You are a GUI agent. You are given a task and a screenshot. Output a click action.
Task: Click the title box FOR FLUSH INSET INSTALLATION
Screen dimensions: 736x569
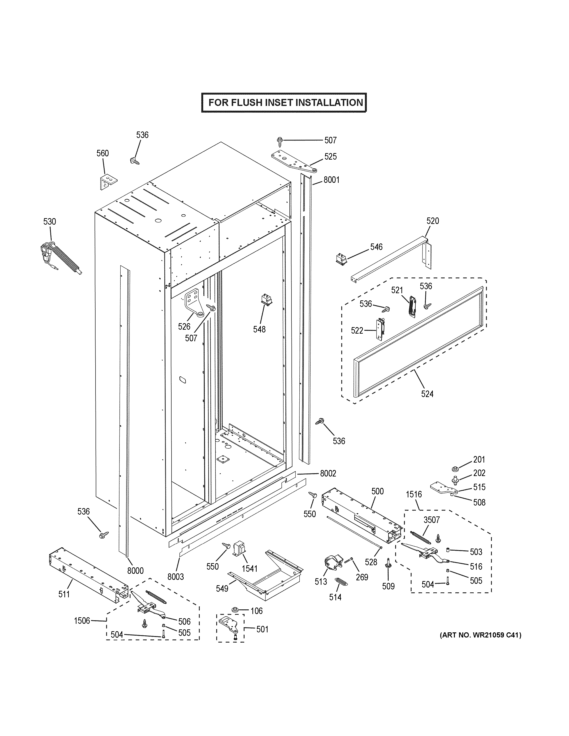coord(284,102)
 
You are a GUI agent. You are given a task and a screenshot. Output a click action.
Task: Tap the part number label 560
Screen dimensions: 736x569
coord(103,153)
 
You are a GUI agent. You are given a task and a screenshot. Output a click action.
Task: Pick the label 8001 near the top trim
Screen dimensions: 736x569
coord(331,180)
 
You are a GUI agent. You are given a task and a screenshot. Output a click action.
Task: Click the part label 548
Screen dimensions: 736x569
coord(259,330)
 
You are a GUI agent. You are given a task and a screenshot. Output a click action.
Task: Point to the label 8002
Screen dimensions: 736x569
coord(328,473)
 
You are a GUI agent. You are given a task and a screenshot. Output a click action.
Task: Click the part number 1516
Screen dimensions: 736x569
coord(414,494)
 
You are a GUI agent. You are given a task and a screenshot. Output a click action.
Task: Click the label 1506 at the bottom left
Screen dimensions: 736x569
coord(82,620)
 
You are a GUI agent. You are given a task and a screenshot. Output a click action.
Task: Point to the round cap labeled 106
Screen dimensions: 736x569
coord(235,610)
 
